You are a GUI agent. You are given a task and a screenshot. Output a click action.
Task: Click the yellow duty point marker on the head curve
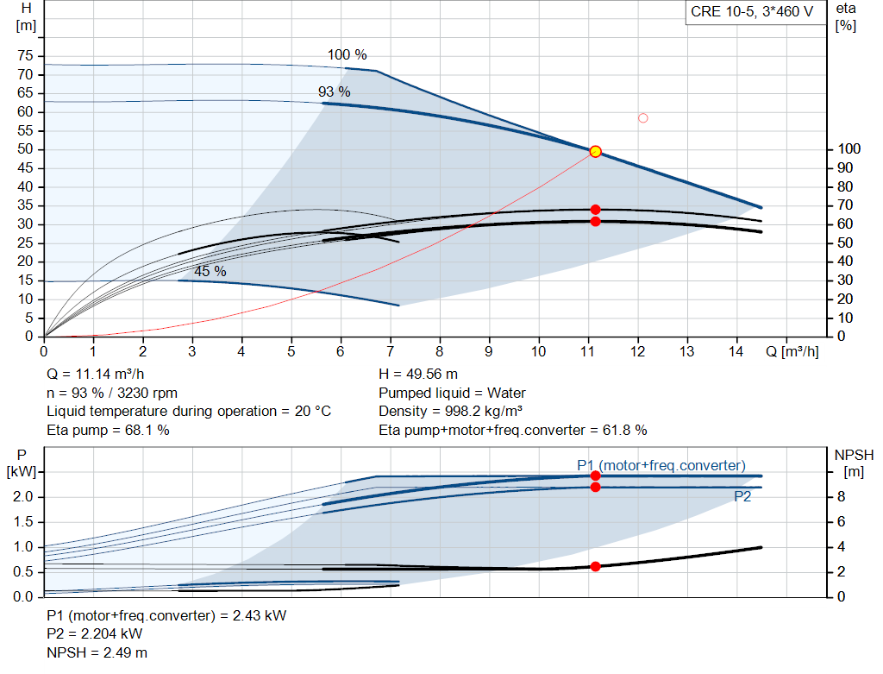[595, 152]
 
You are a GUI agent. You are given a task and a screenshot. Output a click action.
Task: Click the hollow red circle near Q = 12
[642, 118]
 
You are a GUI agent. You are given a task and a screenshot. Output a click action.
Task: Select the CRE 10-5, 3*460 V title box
[751, 13]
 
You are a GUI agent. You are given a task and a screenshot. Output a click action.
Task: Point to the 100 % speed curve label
[348, 55]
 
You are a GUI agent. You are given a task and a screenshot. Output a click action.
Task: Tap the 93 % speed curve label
[335, 91]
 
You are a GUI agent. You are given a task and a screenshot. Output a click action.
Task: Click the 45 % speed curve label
[210, 271]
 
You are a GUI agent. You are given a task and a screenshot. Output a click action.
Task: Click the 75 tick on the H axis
[25, 56]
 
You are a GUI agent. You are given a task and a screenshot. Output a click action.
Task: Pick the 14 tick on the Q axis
[737, 352]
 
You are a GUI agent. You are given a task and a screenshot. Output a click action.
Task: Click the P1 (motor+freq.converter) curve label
[661, 465]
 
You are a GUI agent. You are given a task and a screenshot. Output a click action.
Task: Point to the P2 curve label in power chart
[743, 496]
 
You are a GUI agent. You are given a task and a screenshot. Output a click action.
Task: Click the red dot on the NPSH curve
[595, 566]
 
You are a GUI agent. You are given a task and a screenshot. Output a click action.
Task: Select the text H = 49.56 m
[417, 374]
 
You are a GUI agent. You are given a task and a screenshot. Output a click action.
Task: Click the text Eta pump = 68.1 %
[109, 429]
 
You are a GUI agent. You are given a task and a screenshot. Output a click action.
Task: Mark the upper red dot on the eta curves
[595, 210]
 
